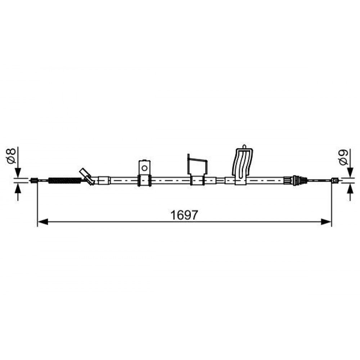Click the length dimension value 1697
[x=184, y=215]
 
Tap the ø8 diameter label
[x=11, y=156]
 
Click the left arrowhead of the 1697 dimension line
[x=43, y=222]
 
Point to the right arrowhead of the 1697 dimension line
[x=326, y=222]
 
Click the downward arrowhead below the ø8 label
[x=18, y=173]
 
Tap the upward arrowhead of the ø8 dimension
[x=18, y=188]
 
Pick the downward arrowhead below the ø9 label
[x=350, y=172]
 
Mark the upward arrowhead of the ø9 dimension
[x=350, y=188]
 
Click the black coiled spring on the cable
[x=65, y=180]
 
